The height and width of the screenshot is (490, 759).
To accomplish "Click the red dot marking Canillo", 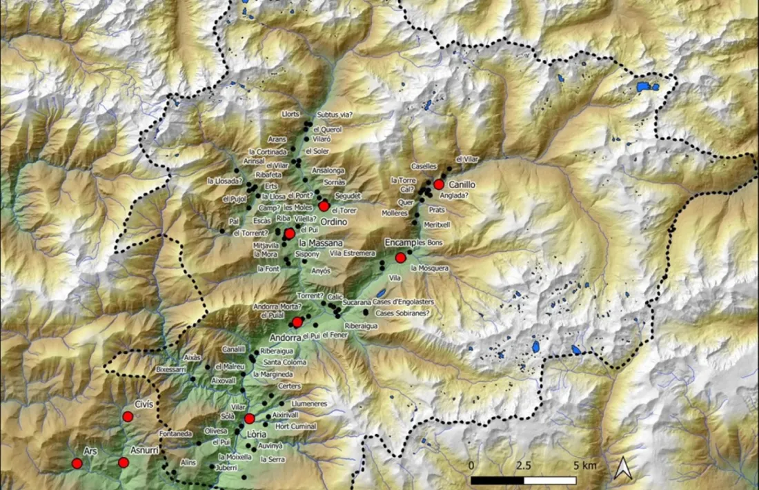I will pyautogui.click(x=438, y=184).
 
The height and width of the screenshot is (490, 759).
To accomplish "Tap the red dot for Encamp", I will pyautogui.click(x=400, y=257).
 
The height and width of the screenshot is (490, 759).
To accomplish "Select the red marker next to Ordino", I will pyautogui.click(x=324, y=206).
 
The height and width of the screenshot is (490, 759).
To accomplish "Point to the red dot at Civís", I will pyautogui.click(x=128, y=416).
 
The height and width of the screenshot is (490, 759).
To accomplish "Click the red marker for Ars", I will pyautogui.click(x=77, y=464).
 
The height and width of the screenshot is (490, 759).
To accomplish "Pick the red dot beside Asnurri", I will pyautogui.click(x=123, y=462).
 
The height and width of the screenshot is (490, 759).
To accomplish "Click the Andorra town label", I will pyautogui.click(x=285, y=338).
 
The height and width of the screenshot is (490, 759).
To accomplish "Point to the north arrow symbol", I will pyautogui.click(x=622, y=469).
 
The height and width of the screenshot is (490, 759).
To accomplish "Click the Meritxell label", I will pyautogui.click(x=437, y=224).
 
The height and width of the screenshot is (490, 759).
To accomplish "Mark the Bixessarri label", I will pyautogui.click(x=172, y=370).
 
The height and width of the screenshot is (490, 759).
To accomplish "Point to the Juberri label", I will pyautogui.click(x=226, y=467).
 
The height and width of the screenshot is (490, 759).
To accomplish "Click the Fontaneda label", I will pyautogui.click(x=175, y=433).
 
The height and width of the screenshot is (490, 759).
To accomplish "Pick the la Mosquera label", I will pyautogui.click(x=429, y=268).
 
